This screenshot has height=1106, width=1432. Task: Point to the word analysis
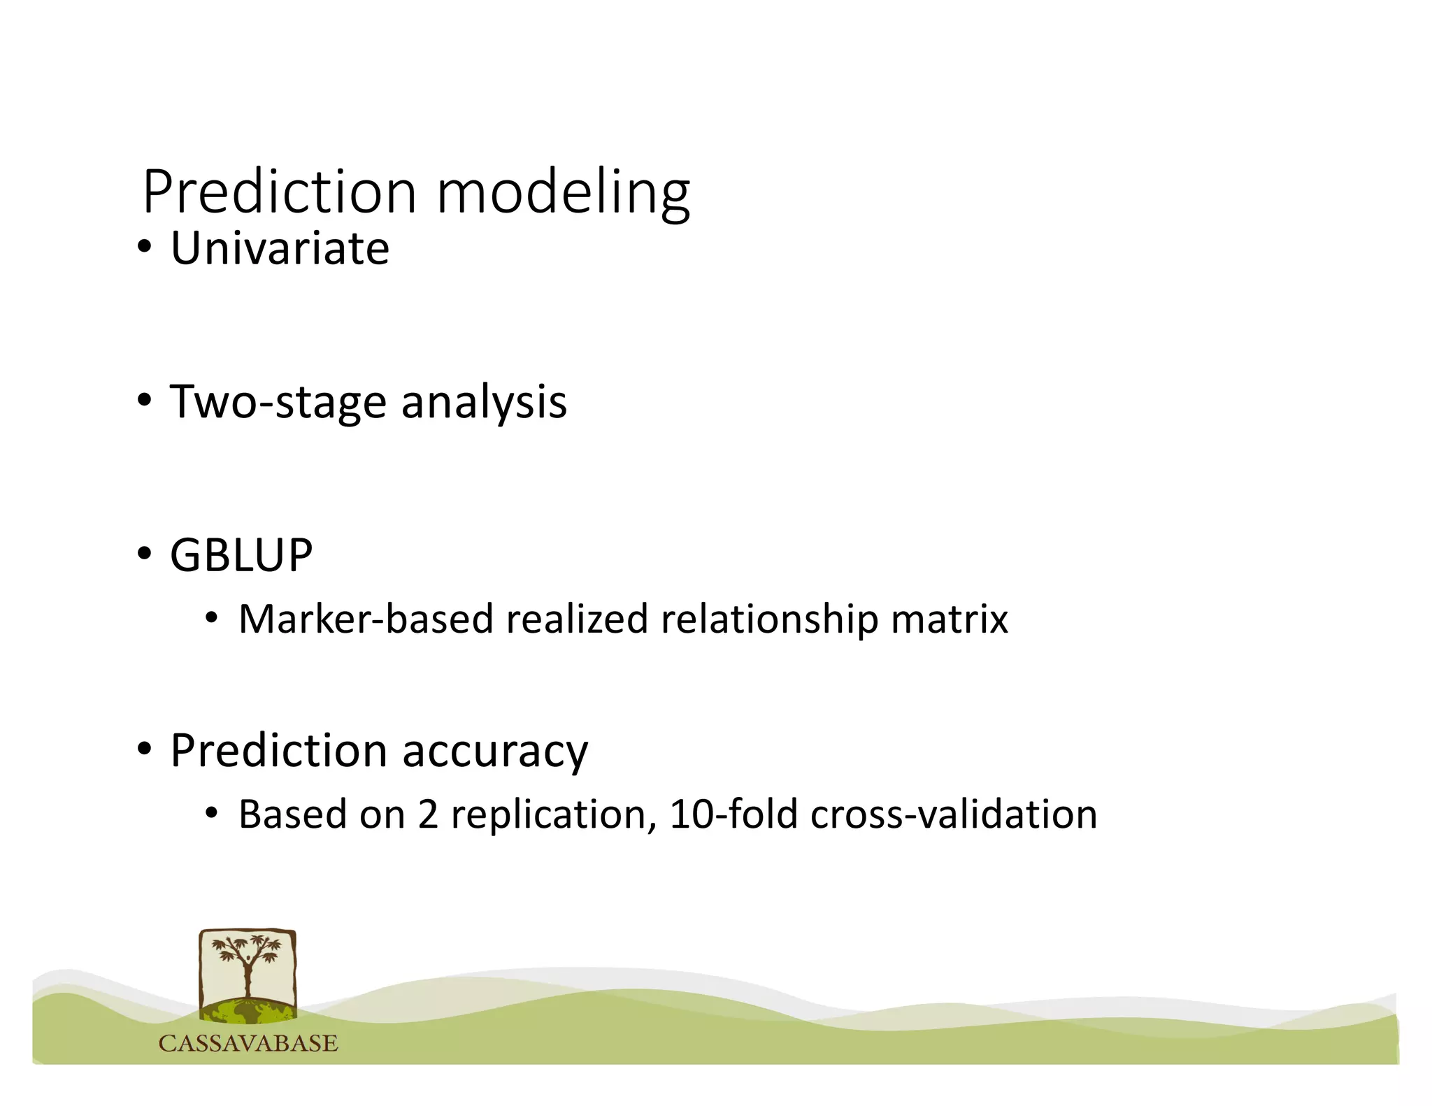coord(484,403)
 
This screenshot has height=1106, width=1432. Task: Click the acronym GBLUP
coord(241,556)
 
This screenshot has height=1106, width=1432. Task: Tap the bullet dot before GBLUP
coord(144,554)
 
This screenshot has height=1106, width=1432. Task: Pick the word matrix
coord(950,619)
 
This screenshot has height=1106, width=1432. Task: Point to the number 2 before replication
coord(428,815)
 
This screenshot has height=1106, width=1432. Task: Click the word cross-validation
coord(954,815)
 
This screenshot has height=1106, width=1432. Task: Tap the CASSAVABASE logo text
coord(248,1043)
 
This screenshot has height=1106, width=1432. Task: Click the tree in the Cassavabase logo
coord(248,968)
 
